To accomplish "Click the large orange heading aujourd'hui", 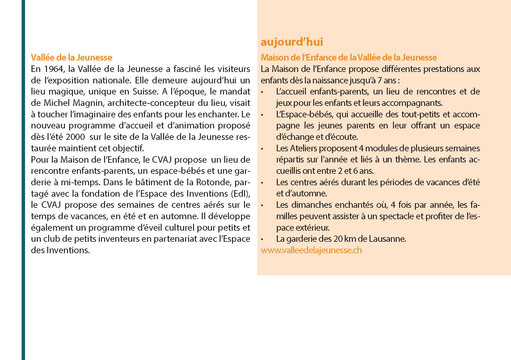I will tap(292, 42).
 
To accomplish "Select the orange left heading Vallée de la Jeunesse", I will tap(71, 57).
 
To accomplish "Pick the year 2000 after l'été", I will tap(75, 137).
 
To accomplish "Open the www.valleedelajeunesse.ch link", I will tap(311, 250).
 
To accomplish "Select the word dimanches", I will tap(311, 205).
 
